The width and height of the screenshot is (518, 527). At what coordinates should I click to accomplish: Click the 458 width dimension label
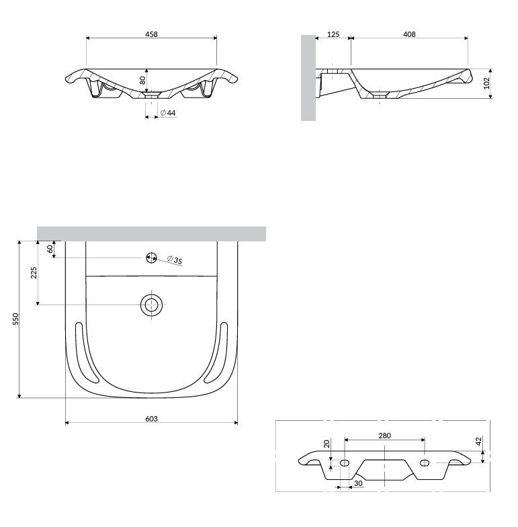click(151, 34)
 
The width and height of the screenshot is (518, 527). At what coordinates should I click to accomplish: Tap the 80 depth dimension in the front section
click(142, 80)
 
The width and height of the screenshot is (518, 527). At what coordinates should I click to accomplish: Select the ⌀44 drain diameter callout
click(168, 113)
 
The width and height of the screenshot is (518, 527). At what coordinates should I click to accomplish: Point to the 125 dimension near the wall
click(333, 34)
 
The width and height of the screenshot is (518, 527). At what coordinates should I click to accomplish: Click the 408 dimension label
click(409, 34)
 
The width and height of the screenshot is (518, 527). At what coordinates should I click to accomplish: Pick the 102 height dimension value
click(486, 83)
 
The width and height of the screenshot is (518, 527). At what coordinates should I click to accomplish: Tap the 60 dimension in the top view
click(50, 249)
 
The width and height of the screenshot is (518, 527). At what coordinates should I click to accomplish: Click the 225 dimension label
click(34, 273)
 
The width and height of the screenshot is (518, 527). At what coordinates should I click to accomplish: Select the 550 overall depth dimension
click(15, 319)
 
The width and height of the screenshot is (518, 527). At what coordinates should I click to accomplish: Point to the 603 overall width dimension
click(151, 418)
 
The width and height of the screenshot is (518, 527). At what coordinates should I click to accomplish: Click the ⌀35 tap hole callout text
click(175, 259)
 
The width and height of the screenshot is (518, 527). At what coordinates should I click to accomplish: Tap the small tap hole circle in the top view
click(152, 258)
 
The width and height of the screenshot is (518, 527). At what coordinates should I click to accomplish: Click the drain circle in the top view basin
click(152, 305)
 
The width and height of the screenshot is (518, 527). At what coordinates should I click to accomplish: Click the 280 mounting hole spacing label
click(384, 436)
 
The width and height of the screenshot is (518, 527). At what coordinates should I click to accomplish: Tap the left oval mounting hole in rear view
click(344, 462)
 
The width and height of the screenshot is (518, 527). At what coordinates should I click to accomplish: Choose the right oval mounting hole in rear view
click(425, 462)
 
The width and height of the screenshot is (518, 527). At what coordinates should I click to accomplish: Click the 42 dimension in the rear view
click(479, 440)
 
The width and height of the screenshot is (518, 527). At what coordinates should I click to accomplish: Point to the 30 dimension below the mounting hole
click(359, 483)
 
